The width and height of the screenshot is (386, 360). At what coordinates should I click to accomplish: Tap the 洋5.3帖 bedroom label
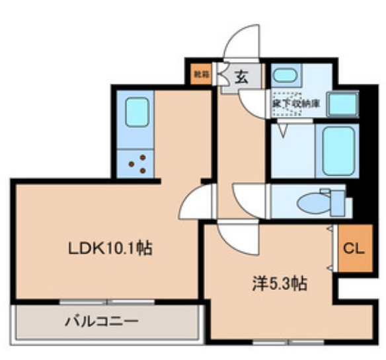278,285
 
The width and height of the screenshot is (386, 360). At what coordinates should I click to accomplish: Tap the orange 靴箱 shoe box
198,75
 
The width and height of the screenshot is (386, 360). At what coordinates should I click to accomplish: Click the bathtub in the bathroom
338,149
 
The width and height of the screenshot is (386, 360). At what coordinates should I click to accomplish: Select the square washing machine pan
344,102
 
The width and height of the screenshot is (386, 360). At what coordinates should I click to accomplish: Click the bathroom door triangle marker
283,130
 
